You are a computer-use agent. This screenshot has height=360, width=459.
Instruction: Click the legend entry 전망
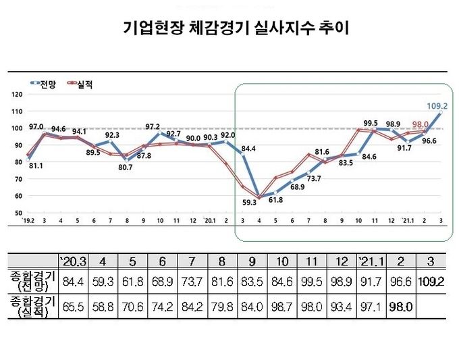coord(45,84)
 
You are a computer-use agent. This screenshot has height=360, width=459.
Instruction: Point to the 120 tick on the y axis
coord(17,95)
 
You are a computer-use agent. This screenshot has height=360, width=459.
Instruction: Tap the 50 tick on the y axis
coord(18,213)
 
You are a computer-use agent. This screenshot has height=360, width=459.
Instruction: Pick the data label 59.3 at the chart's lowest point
coord(249,201)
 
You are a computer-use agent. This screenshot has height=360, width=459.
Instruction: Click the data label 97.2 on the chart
coord(153,126)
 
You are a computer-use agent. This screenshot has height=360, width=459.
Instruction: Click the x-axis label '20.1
coord(209,220)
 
